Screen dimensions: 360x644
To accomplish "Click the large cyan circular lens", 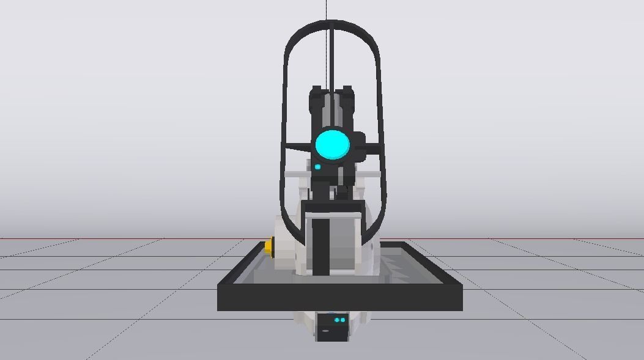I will [332, 144].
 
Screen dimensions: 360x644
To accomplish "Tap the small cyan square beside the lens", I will [317, 167].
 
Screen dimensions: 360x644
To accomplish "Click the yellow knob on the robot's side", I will [268, 246].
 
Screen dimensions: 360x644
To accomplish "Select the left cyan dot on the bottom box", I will [336, 320].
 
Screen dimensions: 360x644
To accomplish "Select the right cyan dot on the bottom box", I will [343, 320].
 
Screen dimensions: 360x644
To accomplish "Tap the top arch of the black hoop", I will [331, 24].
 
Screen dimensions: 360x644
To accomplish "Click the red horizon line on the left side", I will [122, 238].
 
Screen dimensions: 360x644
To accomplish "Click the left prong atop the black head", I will [316, 92].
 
